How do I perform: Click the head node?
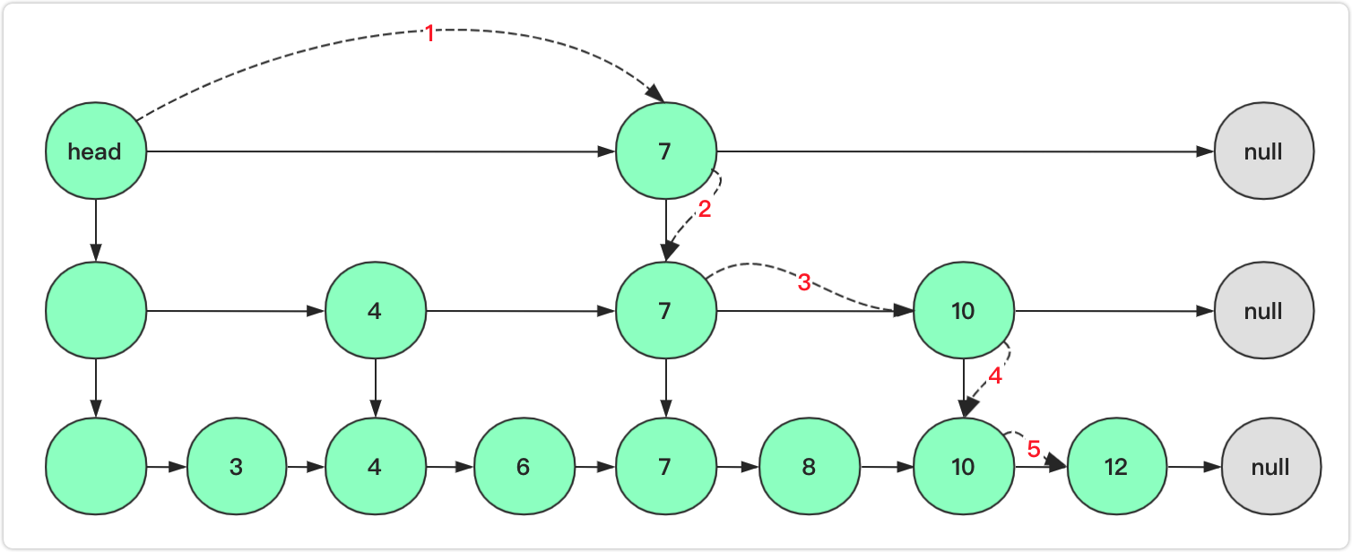(95, 151)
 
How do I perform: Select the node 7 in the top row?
(665, 151)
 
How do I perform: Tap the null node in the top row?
(1263, 151)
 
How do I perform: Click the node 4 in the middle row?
(375, 311)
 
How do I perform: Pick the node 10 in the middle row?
(963, 311)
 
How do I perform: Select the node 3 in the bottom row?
(236, 467)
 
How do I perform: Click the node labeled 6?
(523, 467)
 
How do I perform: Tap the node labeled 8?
(809, 467)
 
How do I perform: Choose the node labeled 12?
(1117, 467)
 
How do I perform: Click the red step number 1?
(429, 34)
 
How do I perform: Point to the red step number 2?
(704, 212)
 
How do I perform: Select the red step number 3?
(804, 283)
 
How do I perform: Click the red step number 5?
(1033, 450)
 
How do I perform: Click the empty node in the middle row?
(95, 311)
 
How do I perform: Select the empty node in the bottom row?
(95, 467)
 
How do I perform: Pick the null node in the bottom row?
(1270, 467)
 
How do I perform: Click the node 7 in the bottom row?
(665, 467)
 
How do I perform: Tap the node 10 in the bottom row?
(963, 467)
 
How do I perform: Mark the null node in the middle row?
(1263, 311)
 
